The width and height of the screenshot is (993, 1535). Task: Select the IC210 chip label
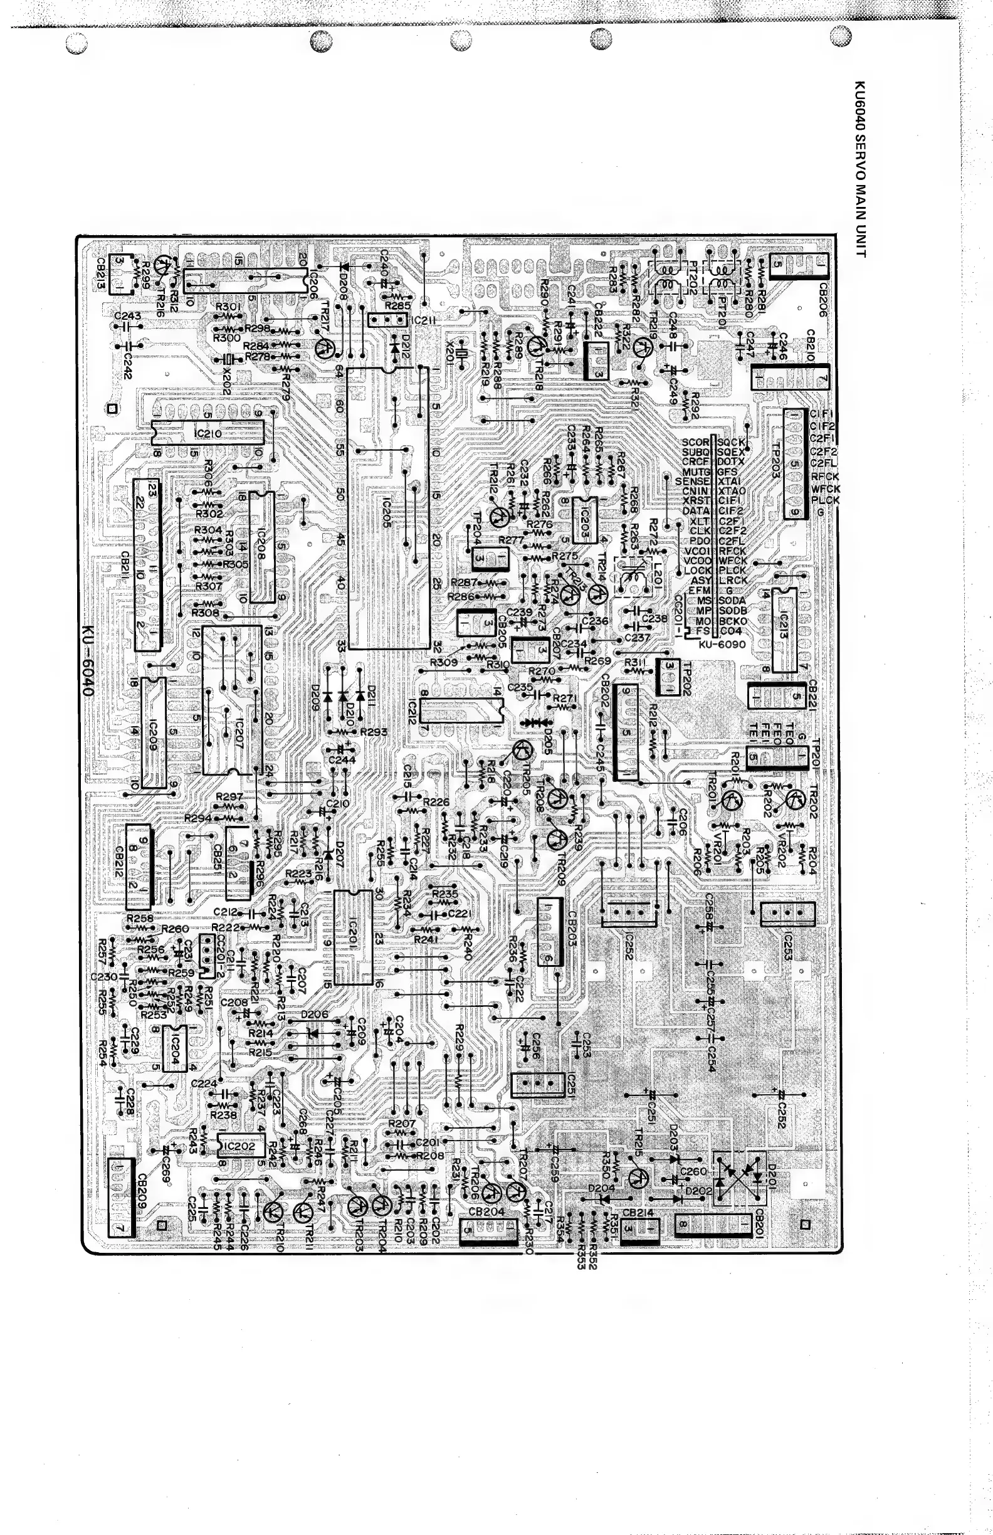pos(207,433)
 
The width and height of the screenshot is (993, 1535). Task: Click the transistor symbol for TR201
pos(731,800)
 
